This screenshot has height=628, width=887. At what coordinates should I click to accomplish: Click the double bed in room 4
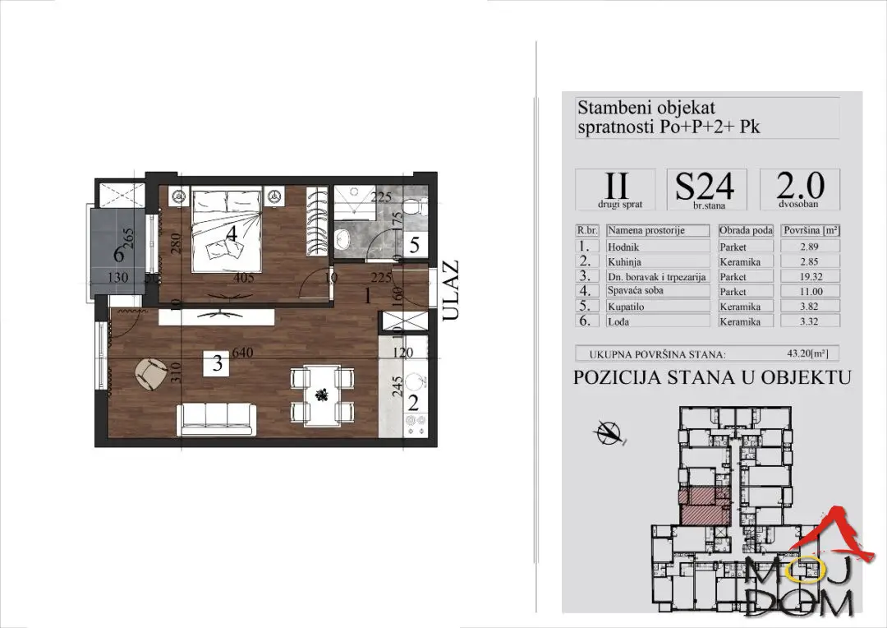click(227, 230)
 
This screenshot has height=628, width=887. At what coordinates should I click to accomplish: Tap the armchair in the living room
click(150, 374)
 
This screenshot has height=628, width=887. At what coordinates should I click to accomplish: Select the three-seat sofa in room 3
click(216, 418)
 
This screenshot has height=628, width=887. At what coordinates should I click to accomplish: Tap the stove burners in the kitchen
click(416, 425)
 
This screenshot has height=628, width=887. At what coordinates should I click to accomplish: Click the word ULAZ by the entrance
click(451, 290)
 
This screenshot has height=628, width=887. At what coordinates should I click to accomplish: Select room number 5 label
click(415, 246)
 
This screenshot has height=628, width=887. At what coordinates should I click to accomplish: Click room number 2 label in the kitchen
click(413, 404)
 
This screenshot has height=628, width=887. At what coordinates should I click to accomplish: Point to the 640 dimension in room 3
click(241, 353)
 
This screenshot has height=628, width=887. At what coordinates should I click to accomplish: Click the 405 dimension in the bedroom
click(244, 278)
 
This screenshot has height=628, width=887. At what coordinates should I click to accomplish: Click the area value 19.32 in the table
click(810, 277)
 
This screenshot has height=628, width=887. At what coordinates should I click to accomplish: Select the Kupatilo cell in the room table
click(626, 307)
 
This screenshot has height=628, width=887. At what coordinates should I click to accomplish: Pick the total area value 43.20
click(807, 353)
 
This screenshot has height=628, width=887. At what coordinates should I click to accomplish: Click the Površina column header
click(811, 230)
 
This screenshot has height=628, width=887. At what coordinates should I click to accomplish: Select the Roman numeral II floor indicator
click(616, 185)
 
